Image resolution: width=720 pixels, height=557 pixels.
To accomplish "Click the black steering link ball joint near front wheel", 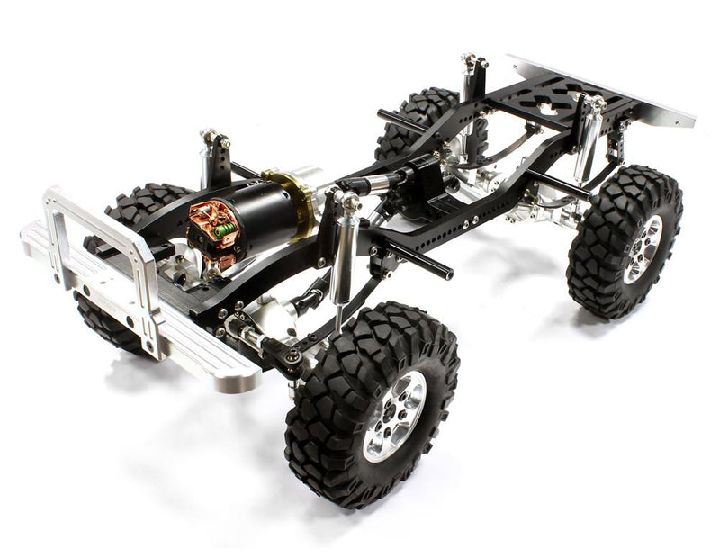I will (x=290, y=360).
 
